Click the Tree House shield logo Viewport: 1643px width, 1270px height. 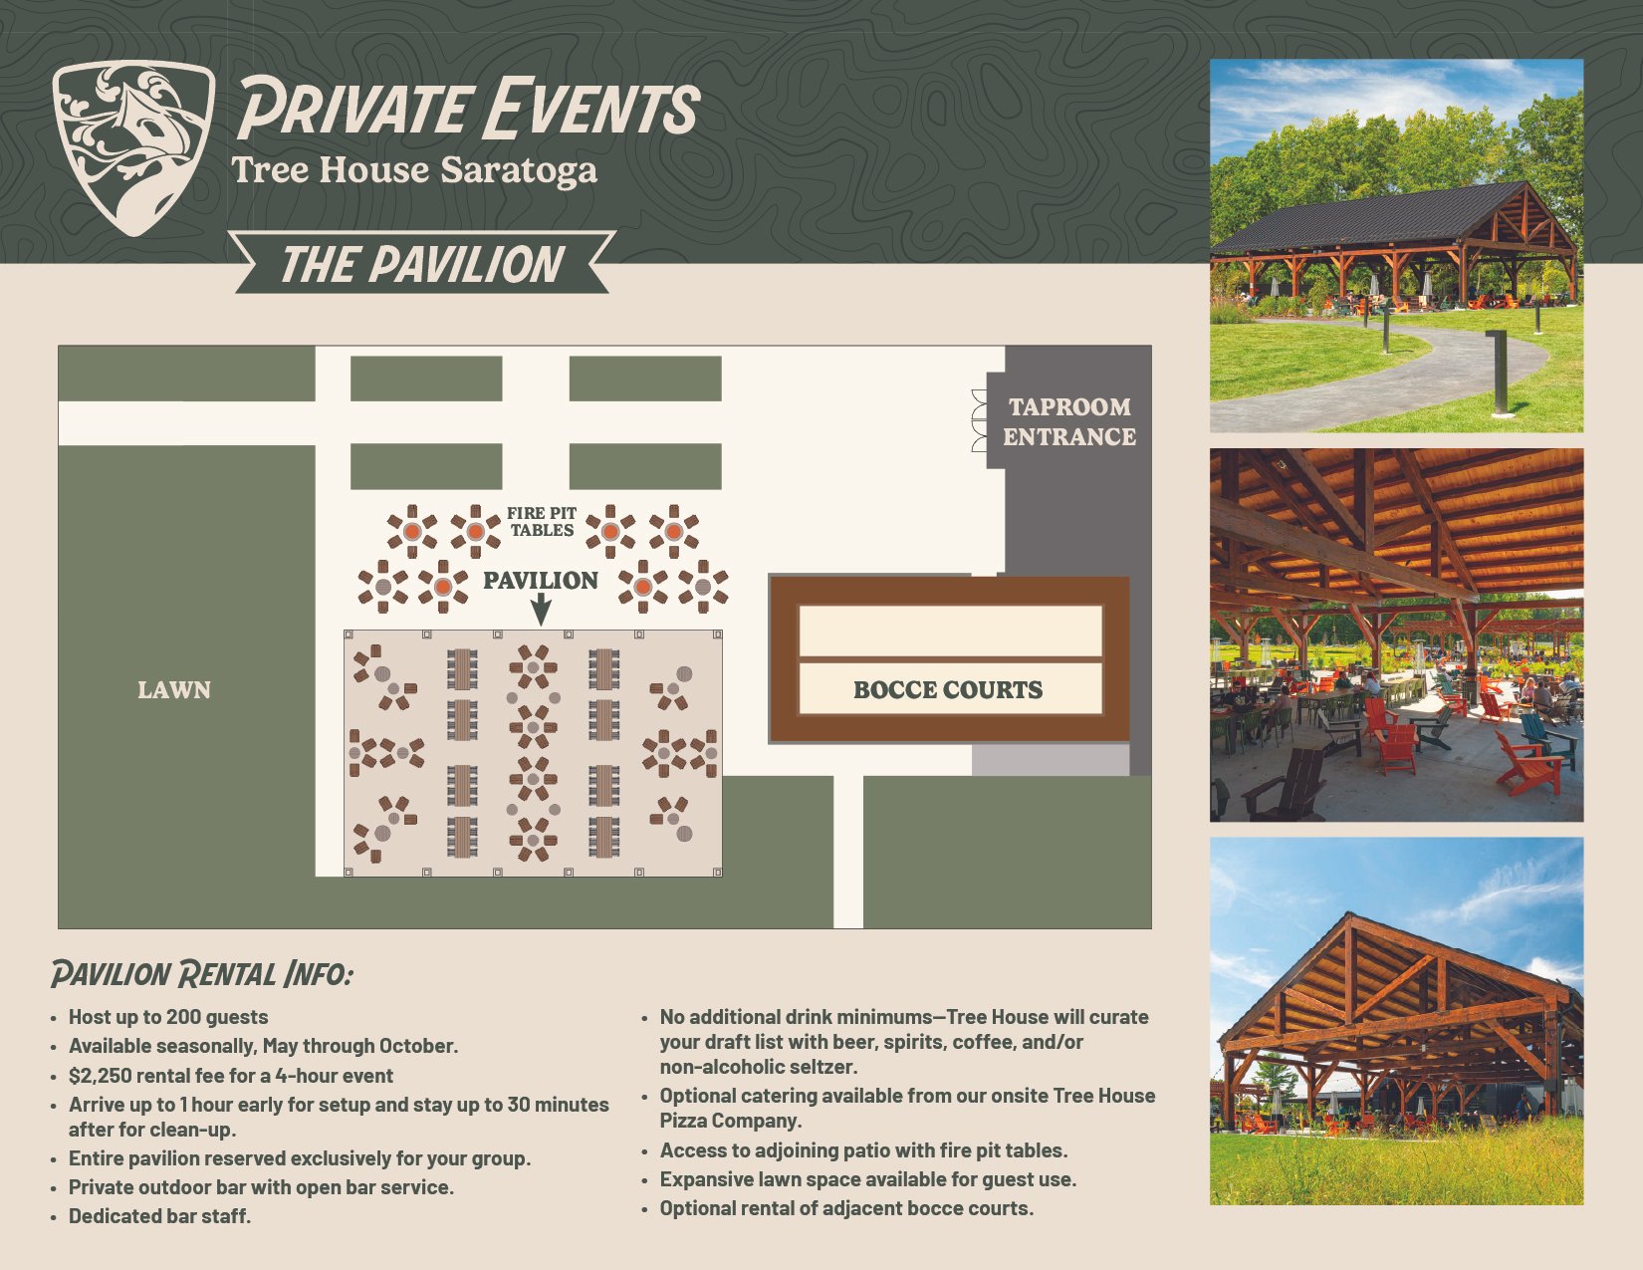133,147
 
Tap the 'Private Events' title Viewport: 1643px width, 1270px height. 469,109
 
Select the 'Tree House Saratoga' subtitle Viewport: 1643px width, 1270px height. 414,171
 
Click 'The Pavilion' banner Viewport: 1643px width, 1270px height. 422,263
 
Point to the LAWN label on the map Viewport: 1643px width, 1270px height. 174,690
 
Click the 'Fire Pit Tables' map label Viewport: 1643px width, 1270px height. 542,522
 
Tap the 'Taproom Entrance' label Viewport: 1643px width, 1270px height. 1069,422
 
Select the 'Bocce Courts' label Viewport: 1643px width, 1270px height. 948,690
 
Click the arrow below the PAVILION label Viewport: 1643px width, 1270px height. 541,610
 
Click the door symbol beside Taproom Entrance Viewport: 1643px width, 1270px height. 980,421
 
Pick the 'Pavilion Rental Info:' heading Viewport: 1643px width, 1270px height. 202,974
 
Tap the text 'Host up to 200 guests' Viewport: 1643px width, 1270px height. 168,1017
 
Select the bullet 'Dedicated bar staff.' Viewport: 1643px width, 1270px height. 159,1216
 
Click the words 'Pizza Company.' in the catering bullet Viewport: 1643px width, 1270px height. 731,1121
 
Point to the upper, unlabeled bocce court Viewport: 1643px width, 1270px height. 950,631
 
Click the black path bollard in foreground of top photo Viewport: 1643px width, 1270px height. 1500,373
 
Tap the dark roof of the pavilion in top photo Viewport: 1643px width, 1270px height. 1361,219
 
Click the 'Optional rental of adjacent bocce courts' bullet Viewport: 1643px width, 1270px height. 846,1208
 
